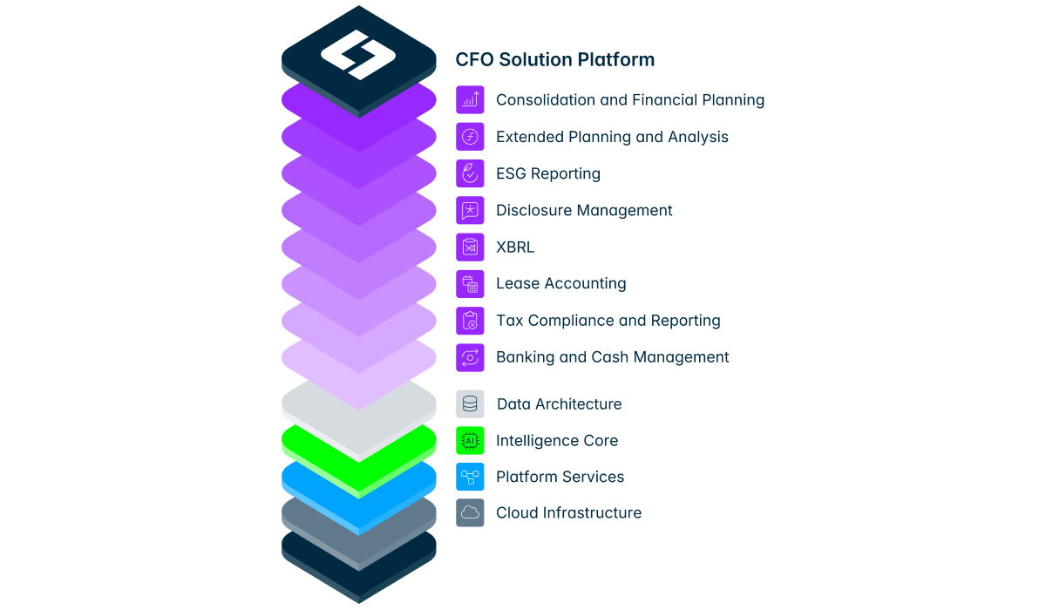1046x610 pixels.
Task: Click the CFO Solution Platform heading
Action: pyautogui.click(x=554, y=60)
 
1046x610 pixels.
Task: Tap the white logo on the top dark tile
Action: pyautogui.click(x=358, y=55)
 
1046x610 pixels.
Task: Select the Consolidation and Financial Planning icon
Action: pyautogui.click(x=470, y=100)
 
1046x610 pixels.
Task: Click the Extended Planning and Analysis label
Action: pyautogui.click(x=612, y=137)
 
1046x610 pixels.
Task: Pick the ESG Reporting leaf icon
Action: pyautogui.click(x=470, y=173)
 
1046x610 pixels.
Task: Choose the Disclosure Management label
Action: pyautogui.click(x=584, y=211)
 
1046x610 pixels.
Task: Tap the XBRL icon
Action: pyautogui.click(x=470, y=247)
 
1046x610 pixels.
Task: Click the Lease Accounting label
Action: pyautogui.click(x=560, y=283)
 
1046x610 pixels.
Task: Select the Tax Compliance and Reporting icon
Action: pyautogui.click(x=470, y=321)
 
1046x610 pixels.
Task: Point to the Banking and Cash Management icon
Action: pyautogui.click(x=470, y=357)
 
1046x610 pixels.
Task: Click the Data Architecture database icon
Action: pyautogui.click(x=470, y=403)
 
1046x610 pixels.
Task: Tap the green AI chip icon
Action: pyautogui.click(x=470, y=441)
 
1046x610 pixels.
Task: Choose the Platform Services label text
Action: pyautogui.click(x=560, y=477)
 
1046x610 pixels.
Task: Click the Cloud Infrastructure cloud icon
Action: pyautogui.click(x=470, y=513)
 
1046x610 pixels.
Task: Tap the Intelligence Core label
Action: pyautogui.click(x=557, y=441)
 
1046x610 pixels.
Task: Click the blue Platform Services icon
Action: pyautogui.click(x=470, y=477)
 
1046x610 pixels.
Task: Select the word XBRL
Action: pyautogui.click(x=515, y=247)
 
